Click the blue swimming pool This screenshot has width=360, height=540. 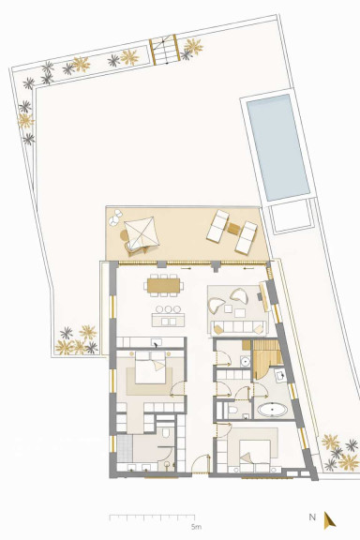(278, 147)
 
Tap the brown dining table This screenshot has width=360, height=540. (164, 286)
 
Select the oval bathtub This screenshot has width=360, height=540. (273, 410)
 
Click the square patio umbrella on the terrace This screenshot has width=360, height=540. (142, 232)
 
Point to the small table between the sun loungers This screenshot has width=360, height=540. (234, 229)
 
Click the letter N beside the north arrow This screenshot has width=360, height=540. (312, 517)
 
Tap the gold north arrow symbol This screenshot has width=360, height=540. (329, 520)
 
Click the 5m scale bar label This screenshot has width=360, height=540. (196, 527)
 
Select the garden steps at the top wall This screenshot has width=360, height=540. (165, 50)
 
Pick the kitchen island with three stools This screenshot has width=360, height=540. (168, 320)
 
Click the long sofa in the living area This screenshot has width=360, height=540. (239, 327)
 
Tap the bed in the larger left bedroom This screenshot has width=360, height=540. (150, 367)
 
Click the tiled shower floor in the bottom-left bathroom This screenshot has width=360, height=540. (125, 448)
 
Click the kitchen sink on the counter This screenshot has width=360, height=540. (157, 343)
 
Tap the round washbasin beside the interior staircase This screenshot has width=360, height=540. (246, 361)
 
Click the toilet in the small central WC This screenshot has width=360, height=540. (232, 410)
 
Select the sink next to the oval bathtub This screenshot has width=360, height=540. (280, 375)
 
